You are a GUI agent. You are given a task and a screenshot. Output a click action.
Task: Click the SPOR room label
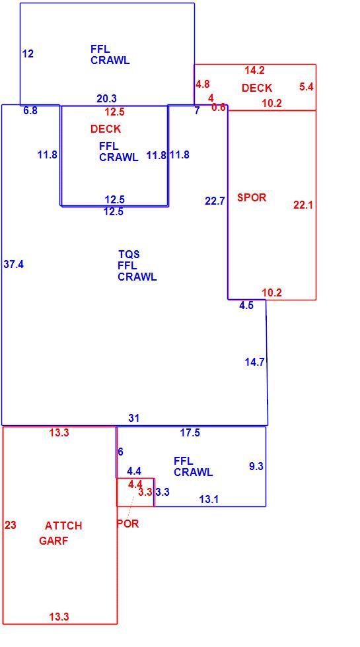pos(252,197)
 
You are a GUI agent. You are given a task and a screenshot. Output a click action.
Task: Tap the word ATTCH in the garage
pos(63,526)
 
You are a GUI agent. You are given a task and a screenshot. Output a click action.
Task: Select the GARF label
pos(54,541)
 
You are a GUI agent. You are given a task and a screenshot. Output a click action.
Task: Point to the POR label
pos(128,524)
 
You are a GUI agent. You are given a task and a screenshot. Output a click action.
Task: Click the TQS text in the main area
pos(129,255)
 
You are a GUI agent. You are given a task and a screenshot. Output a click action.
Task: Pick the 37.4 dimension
pos(14,265)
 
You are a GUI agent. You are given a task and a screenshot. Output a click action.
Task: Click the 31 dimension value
pos(133,418)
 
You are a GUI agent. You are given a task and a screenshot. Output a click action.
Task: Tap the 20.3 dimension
pos(107,98)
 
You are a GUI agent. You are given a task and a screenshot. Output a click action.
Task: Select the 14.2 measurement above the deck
pos(254,71)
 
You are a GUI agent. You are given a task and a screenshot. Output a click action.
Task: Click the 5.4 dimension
pos(306,86)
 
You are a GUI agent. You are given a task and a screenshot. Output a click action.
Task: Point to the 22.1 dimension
pos(303,205)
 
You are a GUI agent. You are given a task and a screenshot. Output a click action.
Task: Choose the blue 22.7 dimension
pos(215,201)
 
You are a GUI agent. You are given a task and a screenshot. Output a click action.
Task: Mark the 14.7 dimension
pos(254,362)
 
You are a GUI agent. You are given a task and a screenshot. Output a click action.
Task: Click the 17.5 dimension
pos(190,433)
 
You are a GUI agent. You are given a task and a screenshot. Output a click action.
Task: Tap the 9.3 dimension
pos(256,466)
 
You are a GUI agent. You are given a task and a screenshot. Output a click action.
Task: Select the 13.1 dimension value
pos(209,500)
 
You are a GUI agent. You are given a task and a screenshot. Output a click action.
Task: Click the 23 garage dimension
pos(11,526)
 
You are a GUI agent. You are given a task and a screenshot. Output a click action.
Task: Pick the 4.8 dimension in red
pos(203,85)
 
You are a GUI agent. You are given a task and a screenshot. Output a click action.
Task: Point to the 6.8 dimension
pos(30,111)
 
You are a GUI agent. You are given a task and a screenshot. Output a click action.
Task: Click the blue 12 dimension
pos(28,53)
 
